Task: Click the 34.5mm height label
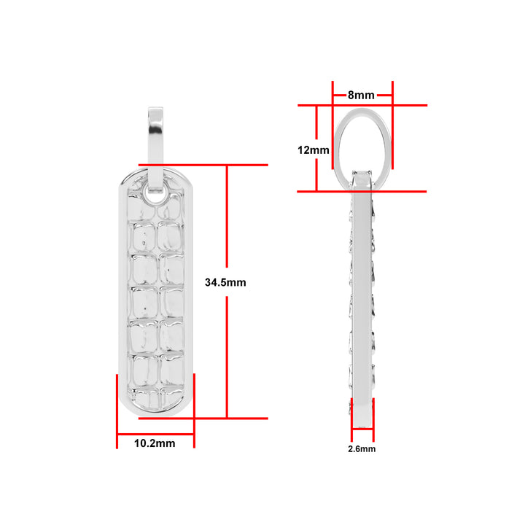(225, 282)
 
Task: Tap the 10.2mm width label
(155, 443)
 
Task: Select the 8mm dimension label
(361, 95)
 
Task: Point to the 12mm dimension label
(314, 150)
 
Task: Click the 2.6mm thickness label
(362, 449)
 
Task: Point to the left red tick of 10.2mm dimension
(117, 411)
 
